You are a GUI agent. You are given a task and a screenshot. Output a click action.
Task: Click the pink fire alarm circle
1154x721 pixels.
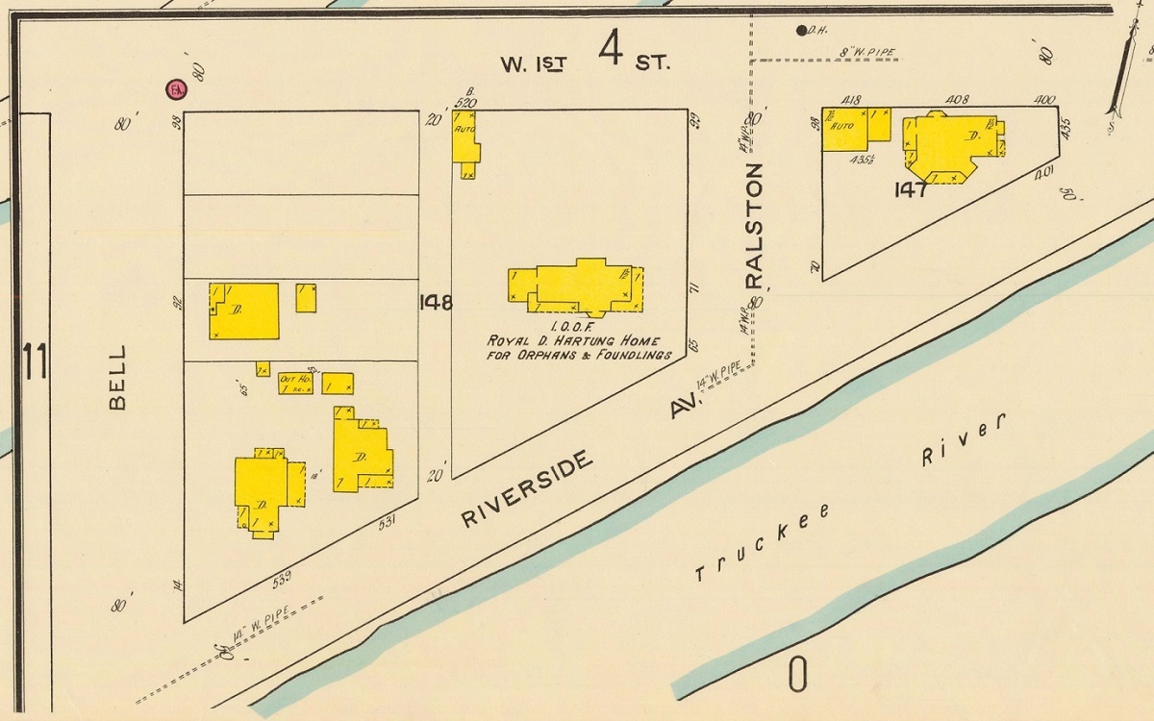click(175, 90)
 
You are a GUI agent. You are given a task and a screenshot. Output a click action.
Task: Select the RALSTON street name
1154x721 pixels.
click(754, 225)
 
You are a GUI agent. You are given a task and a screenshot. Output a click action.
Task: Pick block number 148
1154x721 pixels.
click(436, 302)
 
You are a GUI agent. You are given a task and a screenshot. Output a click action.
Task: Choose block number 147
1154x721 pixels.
click(910, 189)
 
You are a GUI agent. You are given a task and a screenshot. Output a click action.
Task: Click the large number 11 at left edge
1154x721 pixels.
click(36, 362)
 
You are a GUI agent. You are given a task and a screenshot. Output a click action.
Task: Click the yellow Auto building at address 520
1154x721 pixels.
click(466, 144)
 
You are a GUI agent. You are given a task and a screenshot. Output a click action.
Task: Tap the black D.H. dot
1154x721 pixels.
click(801, 30)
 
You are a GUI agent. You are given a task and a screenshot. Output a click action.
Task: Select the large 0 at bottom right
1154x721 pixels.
click(797, 676)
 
